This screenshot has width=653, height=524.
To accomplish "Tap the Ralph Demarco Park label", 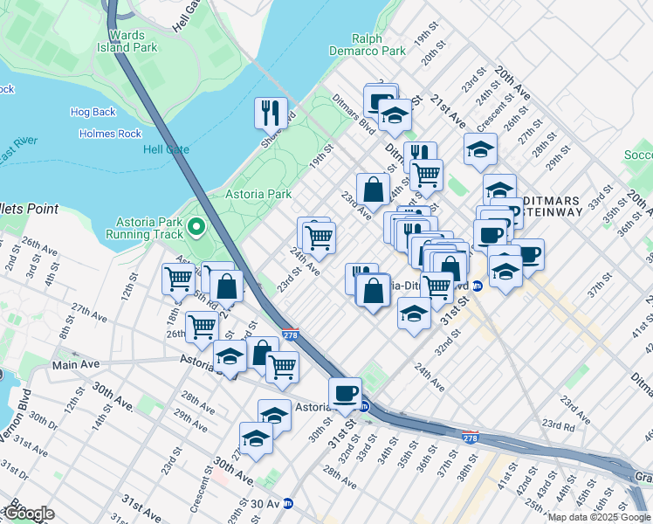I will tap(379, 45).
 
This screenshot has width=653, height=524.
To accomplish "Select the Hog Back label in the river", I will tap(93, 112).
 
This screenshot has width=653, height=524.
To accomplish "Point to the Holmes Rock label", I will tap(110, 134).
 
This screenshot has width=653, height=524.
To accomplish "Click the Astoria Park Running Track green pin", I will tap(196, 228).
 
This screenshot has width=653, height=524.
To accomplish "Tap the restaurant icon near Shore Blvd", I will tap(272, 112).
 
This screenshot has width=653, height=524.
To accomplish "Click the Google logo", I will tap(29, 514).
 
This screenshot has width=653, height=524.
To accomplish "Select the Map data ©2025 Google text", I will tap(599, 517).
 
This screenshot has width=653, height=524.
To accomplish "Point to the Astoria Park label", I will tap(258, 194).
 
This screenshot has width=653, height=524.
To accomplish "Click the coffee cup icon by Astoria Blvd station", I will tap(345, 393).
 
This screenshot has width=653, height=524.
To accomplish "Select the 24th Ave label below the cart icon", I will tap(305, 259).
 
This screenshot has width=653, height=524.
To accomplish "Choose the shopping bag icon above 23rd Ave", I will tap(373, 189).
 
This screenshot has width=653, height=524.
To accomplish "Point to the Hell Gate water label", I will tap(167, 149).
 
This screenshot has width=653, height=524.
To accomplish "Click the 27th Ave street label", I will tap(89, 310).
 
